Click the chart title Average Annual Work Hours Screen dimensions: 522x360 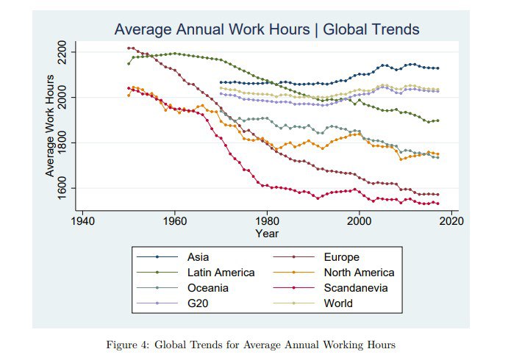(212, 29)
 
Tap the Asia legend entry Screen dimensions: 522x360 (198, 257)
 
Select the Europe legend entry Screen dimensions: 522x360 (342, 257)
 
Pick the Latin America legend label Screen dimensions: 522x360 (221, 272)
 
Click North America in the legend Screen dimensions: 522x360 (359, 272)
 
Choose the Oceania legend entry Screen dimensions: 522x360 (208, 287)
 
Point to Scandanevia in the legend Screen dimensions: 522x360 (356, 287)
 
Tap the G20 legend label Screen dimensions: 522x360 (198, 303)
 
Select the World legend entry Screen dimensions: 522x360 (338, 303)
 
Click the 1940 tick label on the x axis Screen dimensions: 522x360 (82, 221)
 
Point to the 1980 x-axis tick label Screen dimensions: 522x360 (267, 221)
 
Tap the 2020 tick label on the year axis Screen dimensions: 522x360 (451, 221)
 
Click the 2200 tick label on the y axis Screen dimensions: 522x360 (62, 52)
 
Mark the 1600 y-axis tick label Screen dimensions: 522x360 (62, 188)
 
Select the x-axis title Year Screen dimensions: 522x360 (267, 233)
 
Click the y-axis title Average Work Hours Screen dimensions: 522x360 (50, 126)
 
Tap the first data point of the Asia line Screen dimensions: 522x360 (221, 82)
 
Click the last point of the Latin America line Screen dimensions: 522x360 (438, 120)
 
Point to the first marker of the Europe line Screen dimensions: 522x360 (129, 48)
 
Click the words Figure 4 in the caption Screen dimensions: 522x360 (127, 345)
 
